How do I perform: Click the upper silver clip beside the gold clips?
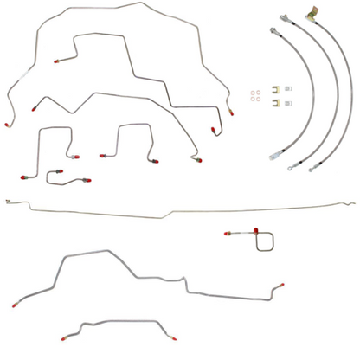pos(291,89)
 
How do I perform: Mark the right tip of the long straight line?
pos(354,202)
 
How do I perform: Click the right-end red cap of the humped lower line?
pos(279,285)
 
